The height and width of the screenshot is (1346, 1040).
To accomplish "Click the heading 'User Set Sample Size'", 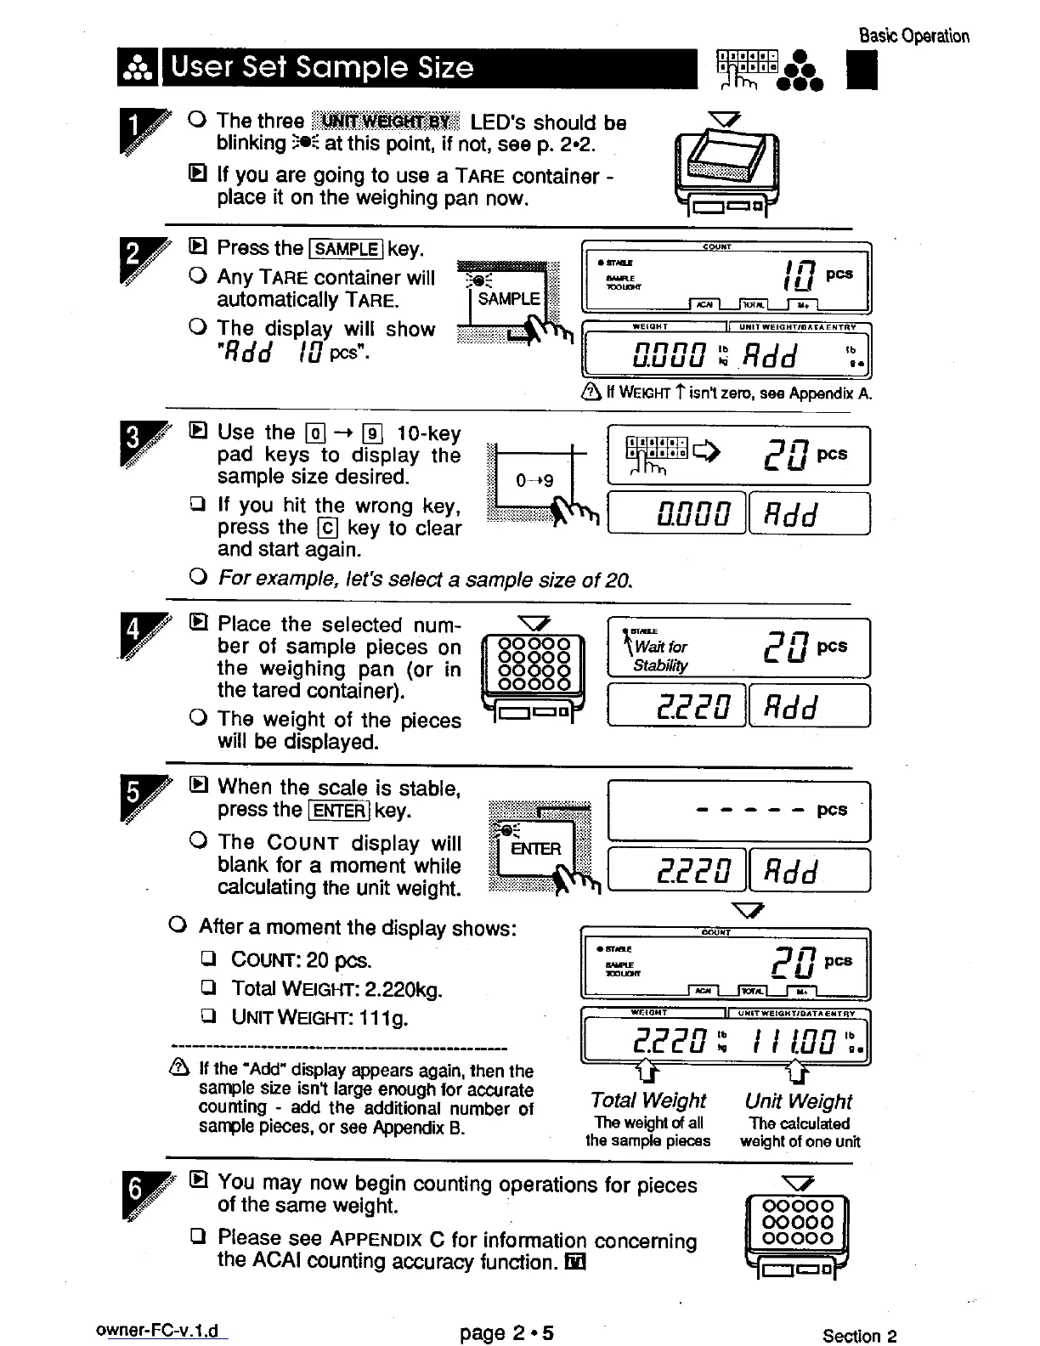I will (322, 67).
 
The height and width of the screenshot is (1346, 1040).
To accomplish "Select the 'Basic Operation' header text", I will (913, 36).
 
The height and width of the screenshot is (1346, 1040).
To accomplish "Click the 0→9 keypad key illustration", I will (535, 481).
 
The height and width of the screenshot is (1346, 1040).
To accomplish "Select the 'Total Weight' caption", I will (648, 1100).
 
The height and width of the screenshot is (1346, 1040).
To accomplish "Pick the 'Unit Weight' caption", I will (798, 1101).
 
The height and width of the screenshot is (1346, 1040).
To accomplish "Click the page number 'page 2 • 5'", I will (506, 1332).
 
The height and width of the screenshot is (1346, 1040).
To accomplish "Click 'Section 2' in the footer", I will (859, 1335).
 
